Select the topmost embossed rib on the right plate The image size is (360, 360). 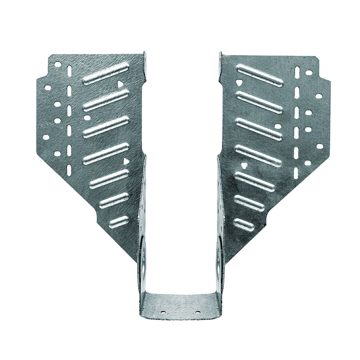(260, 74)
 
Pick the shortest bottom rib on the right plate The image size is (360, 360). (243, 222)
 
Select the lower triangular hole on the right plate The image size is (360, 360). (243, 166)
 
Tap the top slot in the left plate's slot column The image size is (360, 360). (69, 72)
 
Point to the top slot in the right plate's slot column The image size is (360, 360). (297, 72)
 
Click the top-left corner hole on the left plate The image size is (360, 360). (58, 64)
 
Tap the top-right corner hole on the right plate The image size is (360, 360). (309, 72)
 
